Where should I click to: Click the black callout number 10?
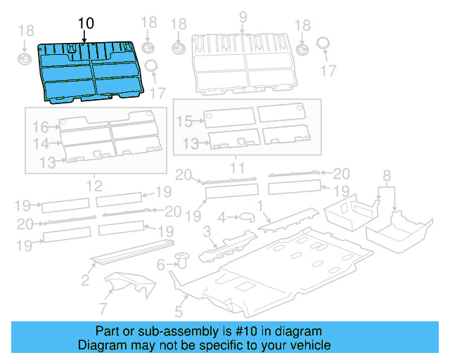(85, 23)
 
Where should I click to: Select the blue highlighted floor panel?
(91, 70)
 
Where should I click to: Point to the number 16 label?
(39, 127)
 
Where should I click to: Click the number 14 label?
(39, 143)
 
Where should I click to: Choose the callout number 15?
(184, 122)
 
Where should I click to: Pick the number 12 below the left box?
(94, 186)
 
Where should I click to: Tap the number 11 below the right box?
(236, 169)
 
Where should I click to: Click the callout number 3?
(206, 231)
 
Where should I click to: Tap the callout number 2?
(84, 281)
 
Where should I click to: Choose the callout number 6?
(160, 265)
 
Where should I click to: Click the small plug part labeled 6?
(183, 260)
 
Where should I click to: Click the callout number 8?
(386, 175)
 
